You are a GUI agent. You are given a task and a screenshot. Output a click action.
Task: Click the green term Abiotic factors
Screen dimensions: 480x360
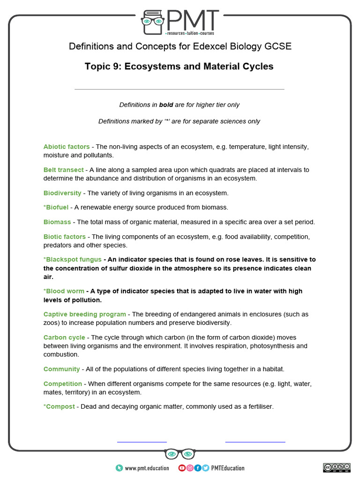67,147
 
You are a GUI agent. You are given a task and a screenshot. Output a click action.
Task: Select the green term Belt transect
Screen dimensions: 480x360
64,170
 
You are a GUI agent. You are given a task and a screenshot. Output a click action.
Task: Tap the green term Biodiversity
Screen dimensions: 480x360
62,193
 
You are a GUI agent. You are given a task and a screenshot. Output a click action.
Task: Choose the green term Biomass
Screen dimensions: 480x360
57,222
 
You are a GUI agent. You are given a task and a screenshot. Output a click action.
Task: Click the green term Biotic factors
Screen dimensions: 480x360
65,237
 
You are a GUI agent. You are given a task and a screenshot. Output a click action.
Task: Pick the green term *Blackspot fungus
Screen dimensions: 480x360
73,259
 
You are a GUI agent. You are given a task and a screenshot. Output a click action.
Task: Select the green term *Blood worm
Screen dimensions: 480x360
64,291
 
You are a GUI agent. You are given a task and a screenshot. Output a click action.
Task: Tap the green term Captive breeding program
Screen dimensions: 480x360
85,314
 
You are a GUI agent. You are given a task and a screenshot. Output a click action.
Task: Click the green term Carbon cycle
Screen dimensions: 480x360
64,337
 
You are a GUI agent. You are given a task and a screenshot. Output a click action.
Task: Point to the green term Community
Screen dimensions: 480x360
62,369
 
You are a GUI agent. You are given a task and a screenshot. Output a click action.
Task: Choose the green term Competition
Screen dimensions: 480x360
63,383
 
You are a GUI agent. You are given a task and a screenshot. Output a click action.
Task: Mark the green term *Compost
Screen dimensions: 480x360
59,406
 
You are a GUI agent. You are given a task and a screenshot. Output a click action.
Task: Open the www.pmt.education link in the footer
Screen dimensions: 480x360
147,468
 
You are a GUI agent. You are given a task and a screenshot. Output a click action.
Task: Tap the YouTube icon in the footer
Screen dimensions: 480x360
182,468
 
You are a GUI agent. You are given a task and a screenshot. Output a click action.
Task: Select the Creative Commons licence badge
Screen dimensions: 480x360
336,467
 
